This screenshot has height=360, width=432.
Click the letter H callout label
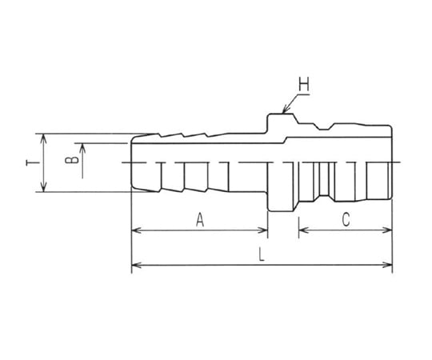[x=304, y=84]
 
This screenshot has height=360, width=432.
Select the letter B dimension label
[x=72, y=160]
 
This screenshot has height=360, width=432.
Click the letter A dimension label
[x=200, y=220]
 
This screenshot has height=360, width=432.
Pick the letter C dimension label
[x=346, y=220]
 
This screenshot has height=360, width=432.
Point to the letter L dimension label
[x=262, y=254]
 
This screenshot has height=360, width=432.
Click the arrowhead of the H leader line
[x=286, y=110]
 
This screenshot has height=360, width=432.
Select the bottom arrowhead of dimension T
[x=43, y=187]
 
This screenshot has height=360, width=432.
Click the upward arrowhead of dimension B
[x=82, y=148]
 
